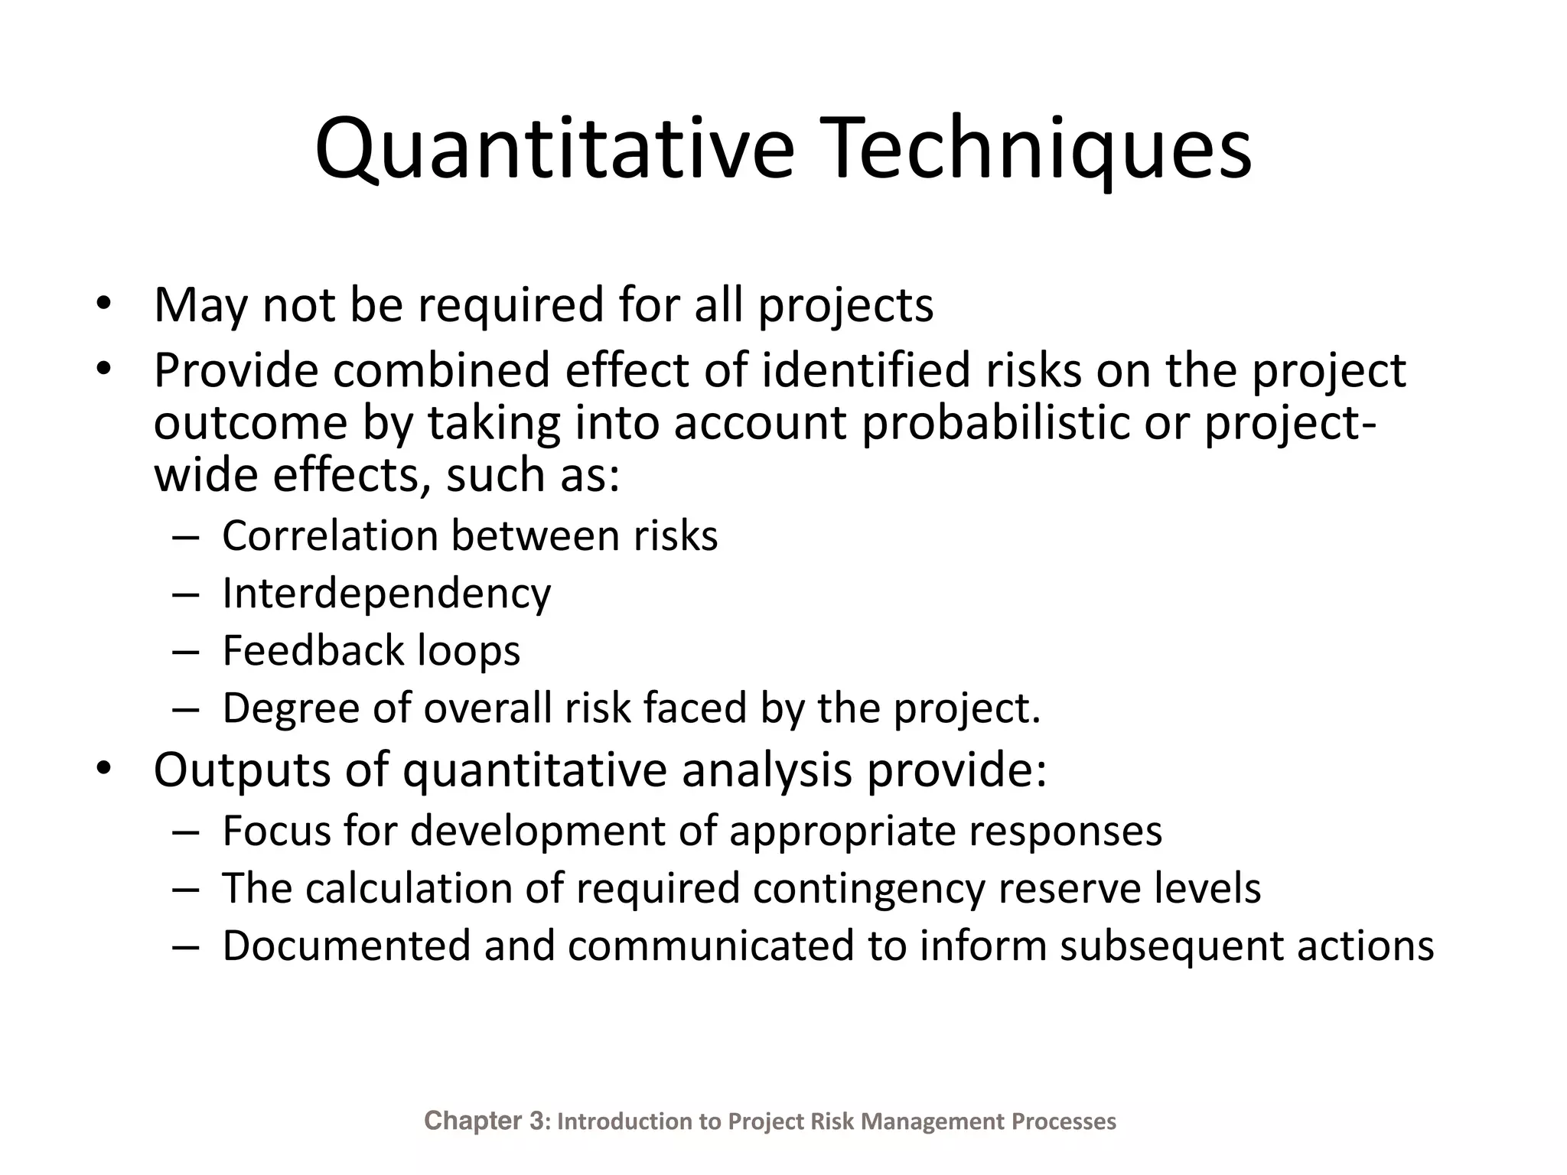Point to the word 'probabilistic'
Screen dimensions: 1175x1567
click(995, 423)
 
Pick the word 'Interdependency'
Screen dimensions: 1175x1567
click(386, 594)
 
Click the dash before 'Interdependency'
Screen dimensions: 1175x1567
click(185, 594)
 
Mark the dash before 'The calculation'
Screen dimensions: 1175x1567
click(185, 890)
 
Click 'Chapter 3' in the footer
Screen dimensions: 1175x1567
click(484, 1121)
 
